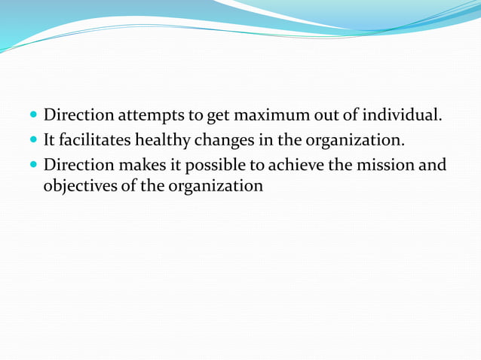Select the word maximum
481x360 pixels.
(x=268, y=116)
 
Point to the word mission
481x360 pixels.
(x=387, y=164)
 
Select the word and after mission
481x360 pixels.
(x=433, y=164)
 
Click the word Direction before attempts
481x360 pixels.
(x=78, y=116)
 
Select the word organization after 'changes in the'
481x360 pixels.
(x=355, y=140)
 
